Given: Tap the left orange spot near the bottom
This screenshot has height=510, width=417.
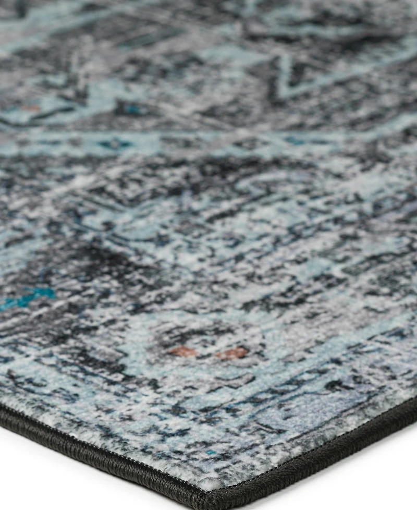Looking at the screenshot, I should [x=182, y=352].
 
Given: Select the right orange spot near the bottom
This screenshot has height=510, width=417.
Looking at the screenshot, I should [x=232, y=354].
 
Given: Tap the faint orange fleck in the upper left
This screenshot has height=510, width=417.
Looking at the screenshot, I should [x=30, y=108].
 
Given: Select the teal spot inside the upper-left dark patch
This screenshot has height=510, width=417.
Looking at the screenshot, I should [x=133, y=110].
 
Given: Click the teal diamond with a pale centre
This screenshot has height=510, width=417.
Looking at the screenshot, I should [x=113, y=143].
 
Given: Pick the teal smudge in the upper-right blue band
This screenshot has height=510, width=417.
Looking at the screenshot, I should [x=295, y=141].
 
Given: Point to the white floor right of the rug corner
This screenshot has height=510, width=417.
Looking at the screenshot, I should [x=339, y=480].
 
